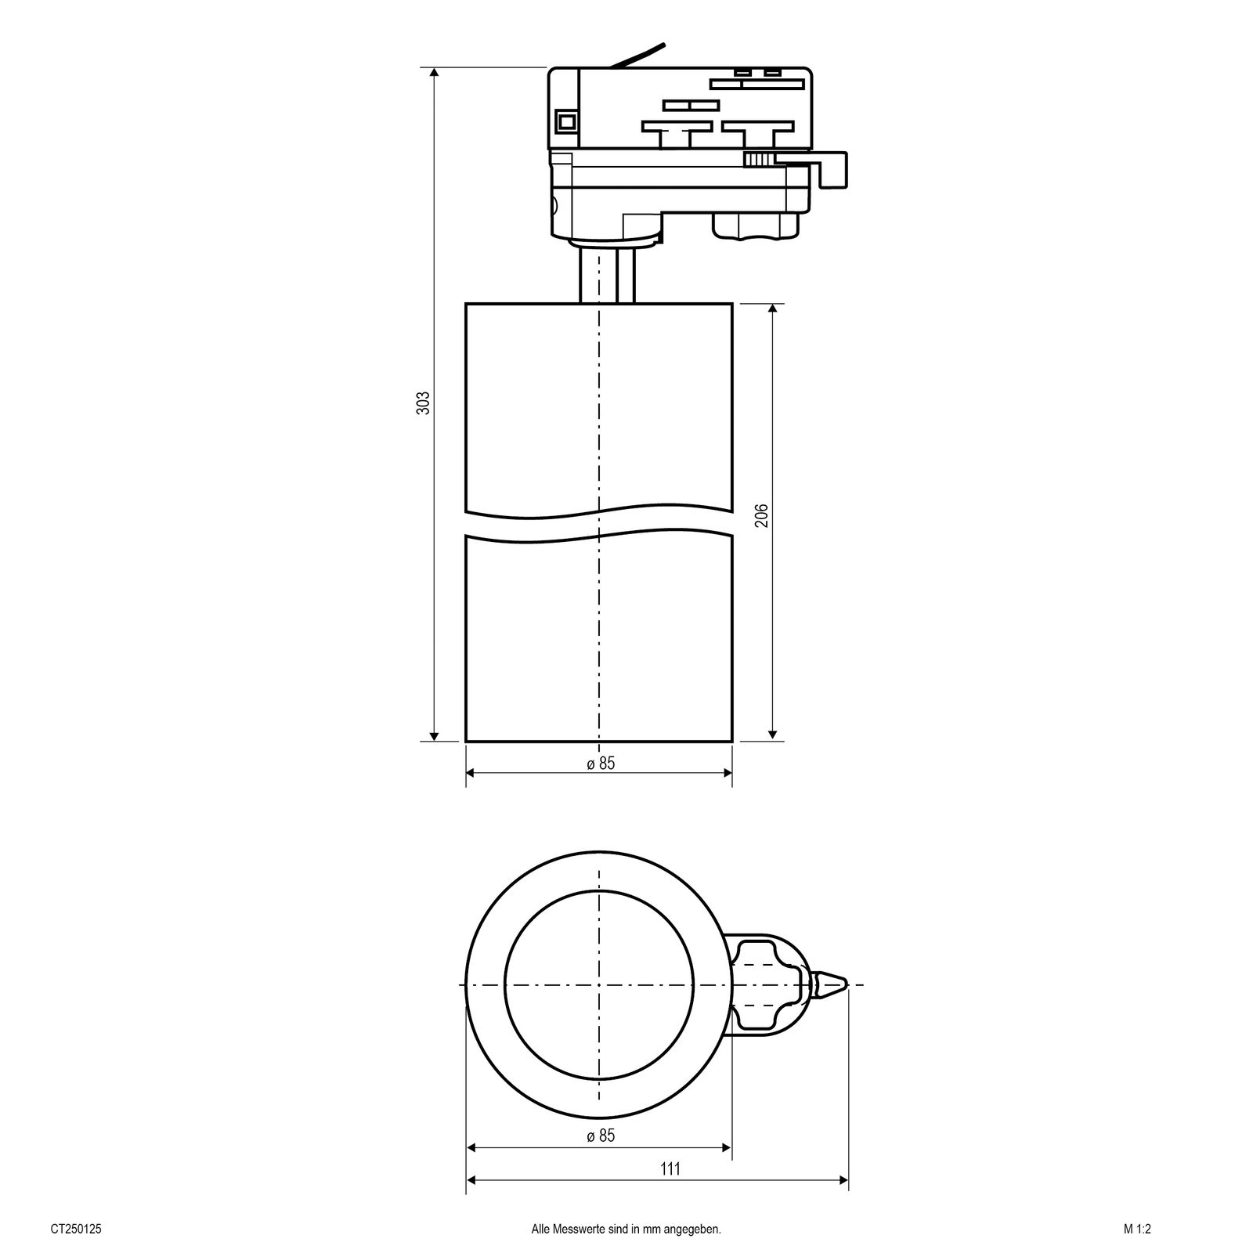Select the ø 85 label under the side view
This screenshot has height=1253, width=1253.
click(601, 764)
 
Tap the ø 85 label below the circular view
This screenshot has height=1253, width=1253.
click(601, 1136)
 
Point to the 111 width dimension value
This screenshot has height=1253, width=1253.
click(670, 1191)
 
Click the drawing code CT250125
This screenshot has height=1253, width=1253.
click(76, 1230)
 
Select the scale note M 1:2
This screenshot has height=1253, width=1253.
click(1138, 1230)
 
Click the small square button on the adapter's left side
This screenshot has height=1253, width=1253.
click(565, 121)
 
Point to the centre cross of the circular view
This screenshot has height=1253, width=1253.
click(599, 984)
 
